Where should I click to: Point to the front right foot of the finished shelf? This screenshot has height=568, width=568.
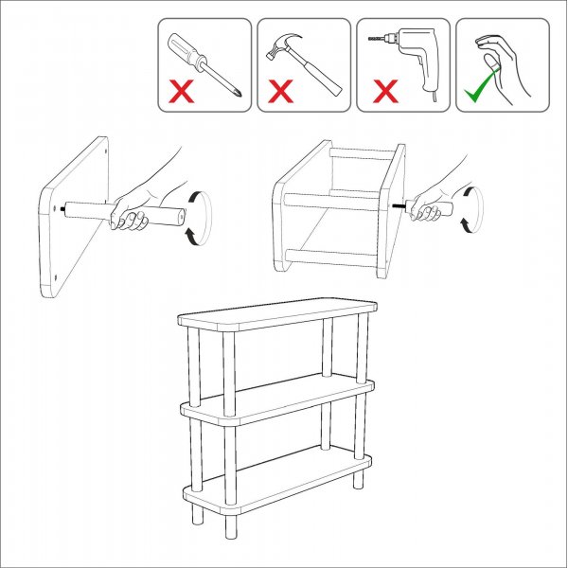tap(359, 480)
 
